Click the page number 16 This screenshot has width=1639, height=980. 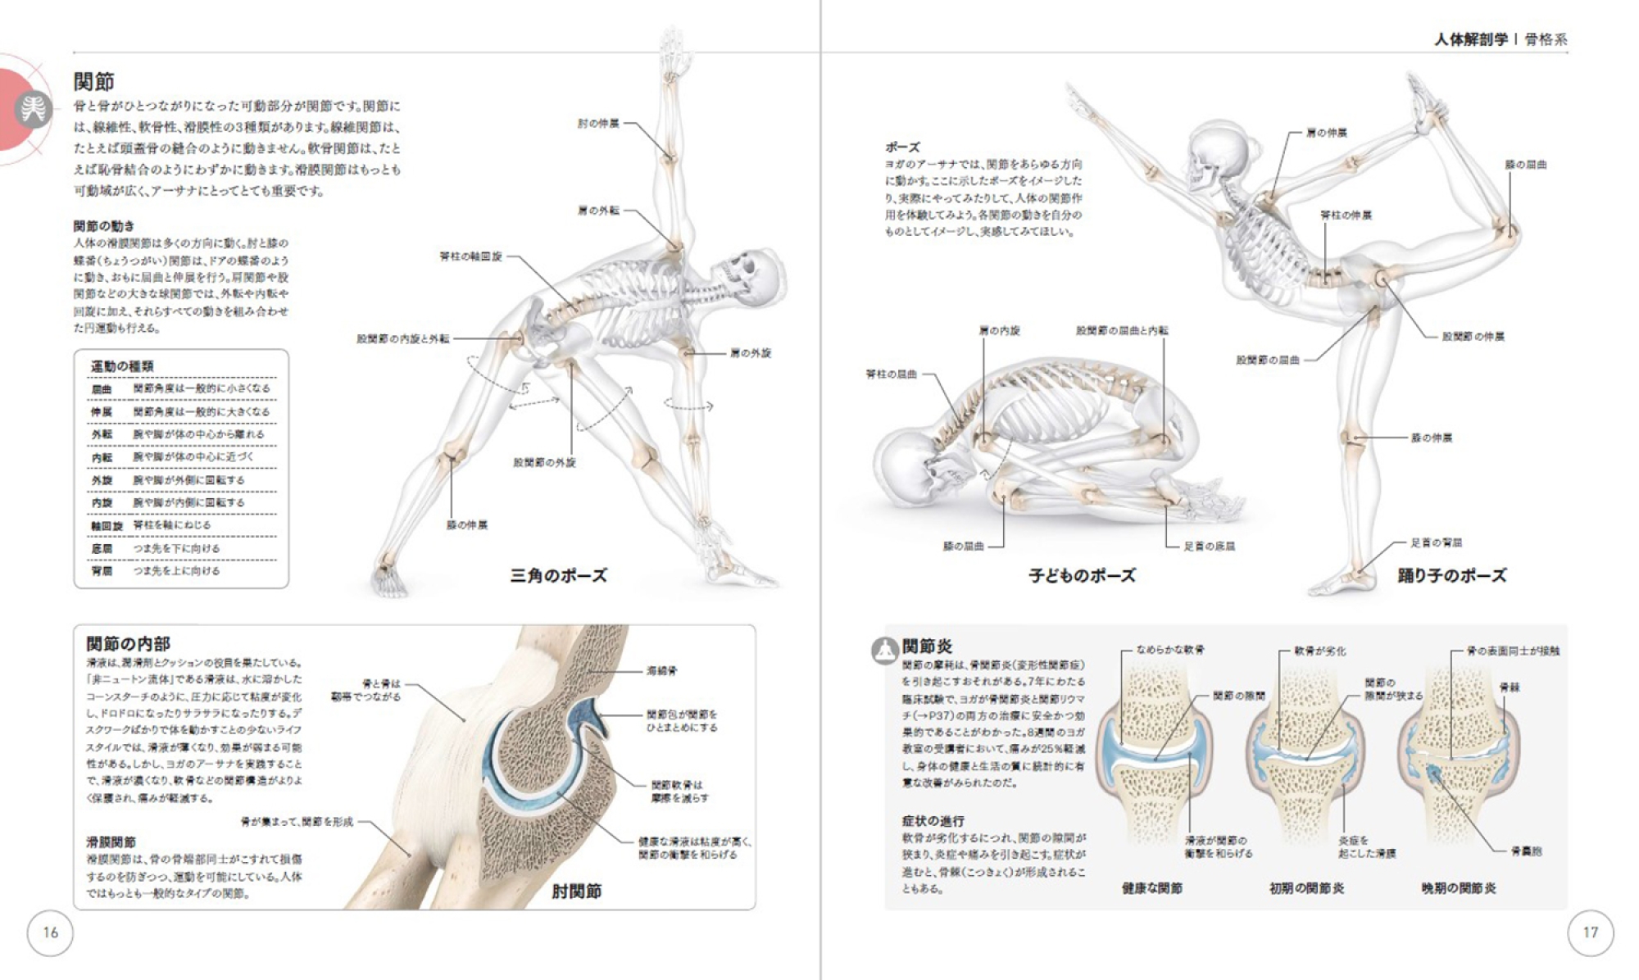coord(50,932)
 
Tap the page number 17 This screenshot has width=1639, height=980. coord(1590,932)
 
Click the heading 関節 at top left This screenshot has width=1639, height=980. coord(94,82)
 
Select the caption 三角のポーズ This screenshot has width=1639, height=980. coord(558,576)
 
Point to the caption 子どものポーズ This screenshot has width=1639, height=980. coord(1082,576)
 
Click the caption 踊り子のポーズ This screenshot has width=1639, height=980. coord(1451,576)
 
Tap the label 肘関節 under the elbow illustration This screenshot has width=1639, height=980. coord(576,892)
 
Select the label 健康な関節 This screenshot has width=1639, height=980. coord(1151,888)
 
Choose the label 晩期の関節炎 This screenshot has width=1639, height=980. coord(1459,888)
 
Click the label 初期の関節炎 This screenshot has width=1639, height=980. coord(1306,888)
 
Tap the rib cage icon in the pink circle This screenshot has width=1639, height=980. coord(34,110)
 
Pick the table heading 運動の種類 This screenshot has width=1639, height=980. coord(122,366)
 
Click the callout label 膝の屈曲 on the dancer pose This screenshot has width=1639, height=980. coord(1525,165)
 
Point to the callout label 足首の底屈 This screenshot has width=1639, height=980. coord(1209,547)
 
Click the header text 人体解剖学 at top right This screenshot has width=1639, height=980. coord(1470,39)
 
